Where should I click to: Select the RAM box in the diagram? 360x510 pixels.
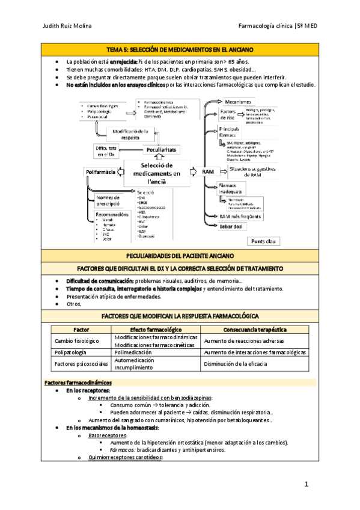point(208,172)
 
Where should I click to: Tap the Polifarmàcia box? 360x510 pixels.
point(101,173)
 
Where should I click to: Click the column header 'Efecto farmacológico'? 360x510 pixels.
point(156,330)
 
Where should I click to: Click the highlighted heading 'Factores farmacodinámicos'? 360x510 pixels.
point(78,382)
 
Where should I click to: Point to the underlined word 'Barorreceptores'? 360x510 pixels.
point(107,435)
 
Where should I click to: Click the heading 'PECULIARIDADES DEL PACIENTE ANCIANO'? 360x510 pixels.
point(180,256)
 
